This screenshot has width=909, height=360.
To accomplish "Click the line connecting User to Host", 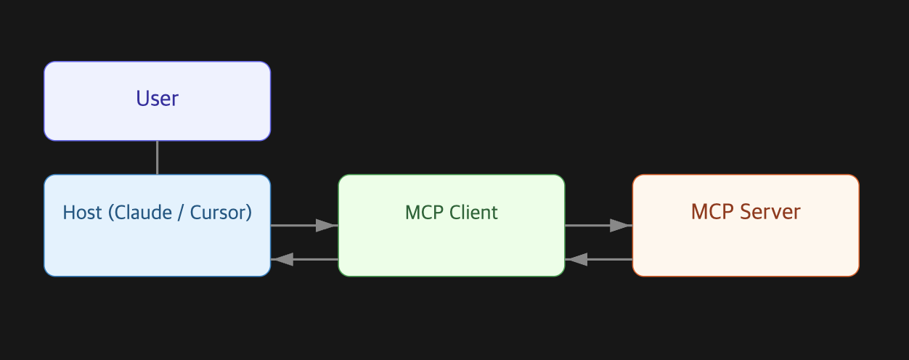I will pos(157,157).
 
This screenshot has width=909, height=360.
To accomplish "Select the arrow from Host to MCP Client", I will pos(298,226).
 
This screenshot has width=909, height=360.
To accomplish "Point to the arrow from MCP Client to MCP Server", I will pos(592,226).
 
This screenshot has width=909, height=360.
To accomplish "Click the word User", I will pos(157,98).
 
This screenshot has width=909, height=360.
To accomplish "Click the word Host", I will pos(82,213).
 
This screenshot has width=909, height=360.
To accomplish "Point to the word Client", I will pos(473,213).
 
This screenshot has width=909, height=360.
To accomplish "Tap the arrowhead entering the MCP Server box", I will pos(621,226).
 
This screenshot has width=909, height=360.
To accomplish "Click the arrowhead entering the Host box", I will pos(282,259).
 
